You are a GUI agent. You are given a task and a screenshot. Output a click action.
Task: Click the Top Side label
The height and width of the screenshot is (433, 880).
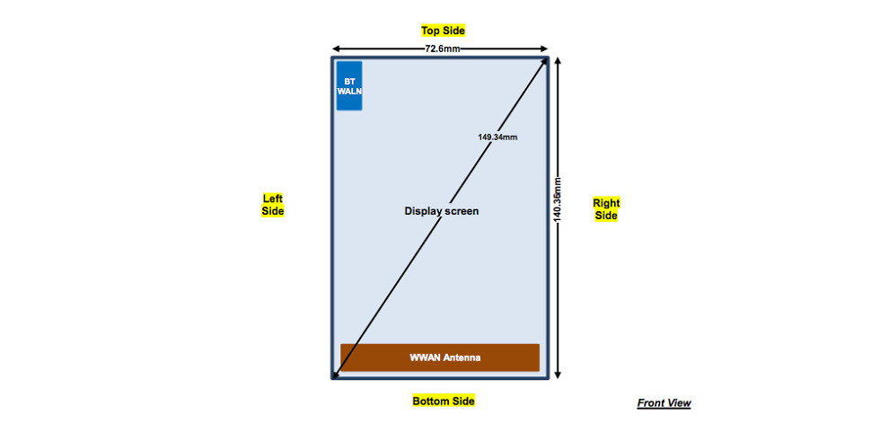443,31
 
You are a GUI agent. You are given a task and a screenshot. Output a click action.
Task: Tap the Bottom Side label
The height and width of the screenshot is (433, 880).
443,401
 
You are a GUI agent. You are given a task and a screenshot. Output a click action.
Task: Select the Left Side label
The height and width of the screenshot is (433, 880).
273,205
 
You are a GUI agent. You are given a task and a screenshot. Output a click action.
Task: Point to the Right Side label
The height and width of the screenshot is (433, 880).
606,209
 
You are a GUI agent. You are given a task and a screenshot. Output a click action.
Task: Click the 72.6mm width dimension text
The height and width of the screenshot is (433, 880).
443,49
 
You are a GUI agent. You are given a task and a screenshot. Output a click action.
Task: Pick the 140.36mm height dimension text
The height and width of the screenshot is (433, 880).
557,199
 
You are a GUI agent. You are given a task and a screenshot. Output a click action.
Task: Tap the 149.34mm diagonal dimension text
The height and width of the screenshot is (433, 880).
497,137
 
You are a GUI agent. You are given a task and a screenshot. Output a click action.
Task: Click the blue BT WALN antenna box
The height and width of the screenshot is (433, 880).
349,85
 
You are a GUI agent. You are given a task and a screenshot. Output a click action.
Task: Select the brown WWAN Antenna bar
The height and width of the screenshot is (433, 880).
439,358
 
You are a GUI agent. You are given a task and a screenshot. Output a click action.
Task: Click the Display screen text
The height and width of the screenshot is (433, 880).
442,211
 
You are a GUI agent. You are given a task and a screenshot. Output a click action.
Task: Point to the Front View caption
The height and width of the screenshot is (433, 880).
664,403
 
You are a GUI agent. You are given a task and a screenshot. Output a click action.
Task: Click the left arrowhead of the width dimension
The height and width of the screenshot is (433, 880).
336,49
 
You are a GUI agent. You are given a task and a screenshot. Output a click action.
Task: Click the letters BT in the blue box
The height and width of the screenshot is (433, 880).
349,81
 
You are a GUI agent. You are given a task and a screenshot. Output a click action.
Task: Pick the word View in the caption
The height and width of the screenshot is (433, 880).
679,403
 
